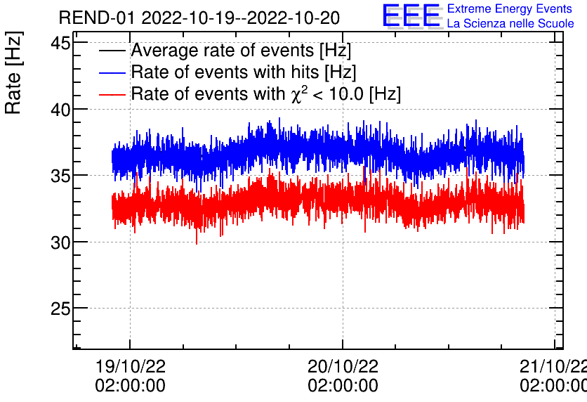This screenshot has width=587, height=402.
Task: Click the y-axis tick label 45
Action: point(60,44)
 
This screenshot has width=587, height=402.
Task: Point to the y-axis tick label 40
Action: point(60,110)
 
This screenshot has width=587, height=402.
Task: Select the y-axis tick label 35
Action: point(60,176)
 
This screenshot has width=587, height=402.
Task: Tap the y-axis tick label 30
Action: point(60,242)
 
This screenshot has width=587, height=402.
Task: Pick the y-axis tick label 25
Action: point(60,309)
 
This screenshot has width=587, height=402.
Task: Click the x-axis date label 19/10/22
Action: point(130,367)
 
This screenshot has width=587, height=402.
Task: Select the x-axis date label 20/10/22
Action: point(343,367)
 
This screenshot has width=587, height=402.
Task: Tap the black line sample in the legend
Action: point(113,51)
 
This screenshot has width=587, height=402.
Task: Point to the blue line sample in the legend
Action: point(113,73)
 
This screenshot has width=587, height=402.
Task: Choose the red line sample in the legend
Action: point(113,94)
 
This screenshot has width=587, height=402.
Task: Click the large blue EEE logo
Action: point(412,16)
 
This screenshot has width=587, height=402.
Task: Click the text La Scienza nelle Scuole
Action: point(510,24)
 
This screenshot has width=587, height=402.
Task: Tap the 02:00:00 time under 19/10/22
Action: point(130,386)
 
